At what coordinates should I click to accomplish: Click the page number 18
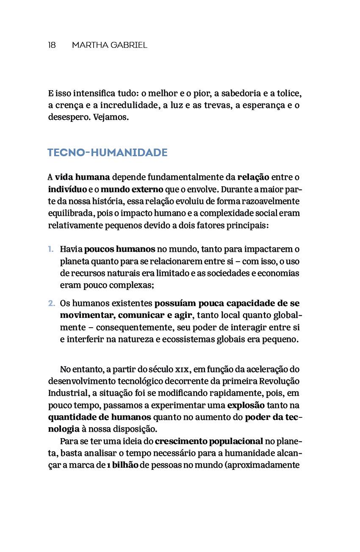point(52,45)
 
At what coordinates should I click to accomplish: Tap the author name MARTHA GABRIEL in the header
point(109,45)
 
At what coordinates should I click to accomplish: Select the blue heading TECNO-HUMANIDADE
point(108,152)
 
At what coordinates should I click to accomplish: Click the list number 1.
point(50,249)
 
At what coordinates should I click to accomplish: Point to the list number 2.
point(51,304)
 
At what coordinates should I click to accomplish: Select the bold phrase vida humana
point(83,177)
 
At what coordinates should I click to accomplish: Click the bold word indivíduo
point(67,189)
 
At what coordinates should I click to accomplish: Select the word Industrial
point(68,393)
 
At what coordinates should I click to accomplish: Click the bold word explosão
point(246,405)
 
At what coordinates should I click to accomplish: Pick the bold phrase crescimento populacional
point(209,442)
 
